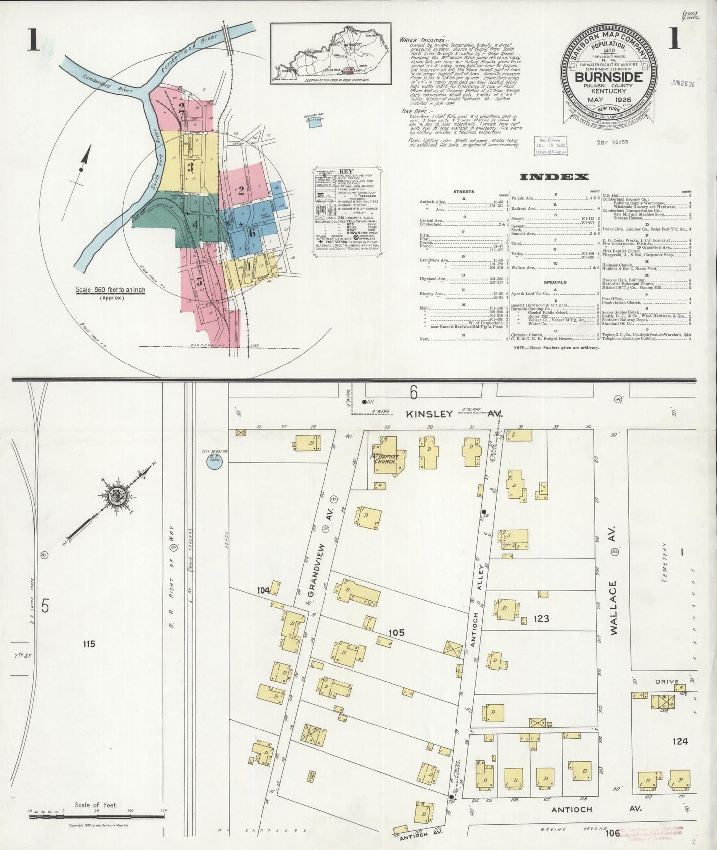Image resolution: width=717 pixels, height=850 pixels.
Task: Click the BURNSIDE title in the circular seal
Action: (x=608, y=78)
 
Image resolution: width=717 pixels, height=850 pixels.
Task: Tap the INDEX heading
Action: (x=554, y=177)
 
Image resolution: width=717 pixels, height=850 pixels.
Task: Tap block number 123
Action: (x=541, y=619)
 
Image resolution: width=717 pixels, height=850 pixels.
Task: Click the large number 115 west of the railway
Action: (x=89, y=644)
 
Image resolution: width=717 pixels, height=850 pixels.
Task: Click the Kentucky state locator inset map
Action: (x=331, y=54)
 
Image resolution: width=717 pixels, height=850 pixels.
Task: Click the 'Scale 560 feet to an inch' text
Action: (x=110, y=290)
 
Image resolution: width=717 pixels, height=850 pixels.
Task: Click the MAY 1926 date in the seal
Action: (x=608, y=100)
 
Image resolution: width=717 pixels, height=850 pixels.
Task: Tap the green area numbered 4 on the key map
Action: (x=195, y=224)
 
